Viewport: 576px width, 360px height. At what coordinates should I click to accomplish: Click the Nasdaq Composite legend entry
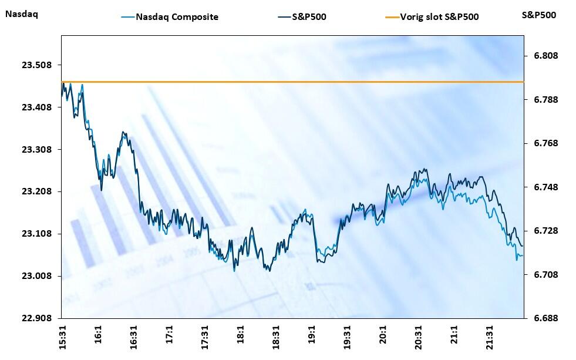[177, 16]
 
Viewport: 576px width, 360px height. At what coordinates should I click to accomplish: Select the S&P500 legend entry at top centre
[309, 16]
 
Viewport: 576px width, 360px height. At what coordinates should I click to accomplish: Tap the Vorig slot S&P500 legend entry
[439, 16]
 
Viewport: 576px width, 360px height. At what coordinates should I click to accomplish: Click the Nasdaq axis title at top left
[21, 15]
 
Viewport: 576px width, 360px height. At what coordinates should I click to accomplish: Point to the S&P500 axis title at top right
[538, 15]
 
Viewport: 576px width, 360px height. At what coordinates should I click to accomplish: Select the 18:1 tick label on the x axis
[241, 337]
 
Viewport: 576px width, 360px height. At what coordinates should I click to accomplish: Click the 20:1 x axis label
[383, 337]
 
